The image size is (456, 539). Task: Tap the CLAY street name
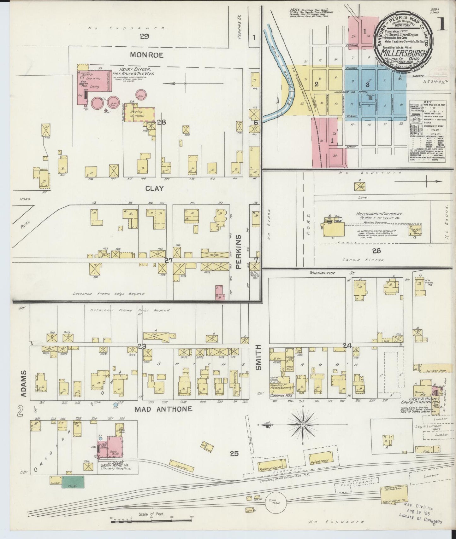click(x=154, y=188)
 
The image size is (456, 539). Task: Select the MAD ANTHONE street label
click(x=163, y=409)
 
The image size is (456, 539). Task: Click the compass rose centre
click(x=303, y=425)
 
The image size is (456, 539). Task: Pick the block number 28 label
click(x=162, y=123)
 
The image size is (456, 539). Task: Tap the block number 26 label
click(x=376, y=251)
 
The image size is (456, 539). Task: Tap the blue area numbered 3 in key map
click(x=367, y=84)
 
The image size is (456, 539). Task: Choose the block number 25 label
click(x=234, y=454)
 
